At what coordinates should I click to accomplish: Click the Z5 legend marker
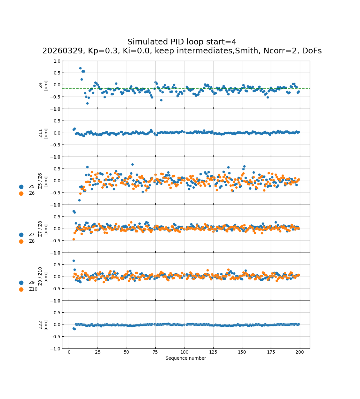(21, 187)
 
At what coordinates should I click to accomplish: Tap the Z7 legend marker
(21, 235)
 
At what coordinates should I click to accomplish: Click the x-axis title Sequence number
(186, 358)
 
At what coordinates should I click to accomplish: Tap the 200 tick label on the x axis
(300, 352)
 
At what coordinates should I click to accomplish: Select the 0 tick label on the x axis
(69, 352)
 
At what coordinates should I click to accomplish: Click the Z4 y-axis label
(43, 85)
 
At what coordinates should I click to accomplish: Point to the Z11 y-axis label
(43, 133)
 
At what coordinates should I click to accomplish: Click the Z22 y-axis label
(43, 325)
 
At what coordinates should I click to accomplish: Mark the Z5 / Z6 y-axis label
(43, 181)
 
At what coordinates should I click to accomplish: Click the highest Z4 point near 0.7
(80, 68)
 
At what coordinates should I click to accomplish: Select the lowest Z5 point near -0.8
(79, 200)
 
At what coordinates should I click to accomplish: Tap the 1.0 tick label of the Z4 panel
(57, 61)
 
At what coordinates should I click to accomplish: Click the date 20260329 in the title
(63, 51)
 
